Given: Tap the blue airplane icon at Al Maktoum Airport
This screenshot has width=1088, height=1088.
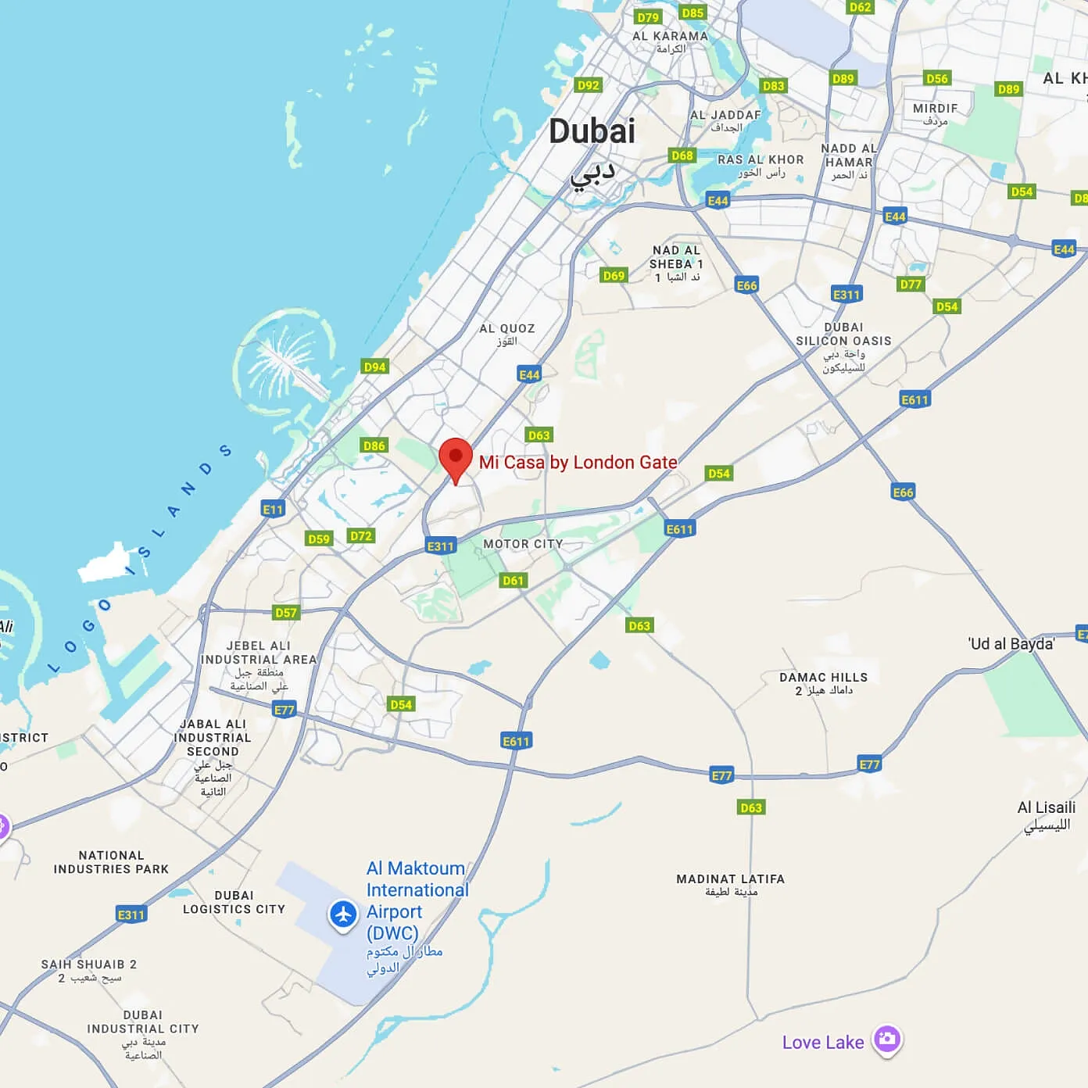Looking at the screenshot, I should [343, 914].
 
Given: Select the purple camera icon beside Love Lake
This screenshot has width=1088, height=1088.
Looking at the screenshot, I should [886, 1040].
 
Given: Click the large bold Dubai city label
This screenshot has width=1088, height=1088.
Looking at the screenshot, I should [592, 131].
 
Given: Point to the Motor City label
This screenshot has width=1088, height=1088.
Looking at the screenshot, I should [523, 544].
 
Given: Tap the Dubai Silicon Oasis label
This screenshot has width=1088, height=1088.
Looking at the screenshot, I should [843, 341].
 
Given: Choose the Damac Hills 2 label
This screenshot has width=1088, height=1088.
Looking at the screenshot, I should [823, 683].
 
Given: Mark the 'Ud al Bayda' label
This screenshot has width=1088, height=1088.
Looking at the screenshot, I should [1011, 644].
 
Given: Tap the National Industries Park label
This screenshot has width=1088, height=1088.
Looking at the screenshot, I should [111, 862].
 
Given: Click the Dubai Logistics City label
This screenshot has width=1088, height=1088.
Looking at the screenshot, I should [234, 902].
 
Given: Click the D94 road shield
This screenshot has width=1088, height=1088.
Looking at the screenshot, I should [375, 367].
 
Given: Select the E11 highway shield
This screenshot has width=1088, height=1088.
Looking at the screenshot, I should [273, 510].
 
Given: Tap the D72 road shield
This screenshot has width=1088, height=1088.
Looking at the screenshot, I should [361, 536].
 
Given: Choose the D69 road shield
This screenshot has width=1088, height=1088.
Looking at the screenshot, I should [614, 275].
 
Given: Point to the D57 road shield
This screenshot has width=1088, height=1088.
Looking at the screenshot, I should [286, 612].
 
